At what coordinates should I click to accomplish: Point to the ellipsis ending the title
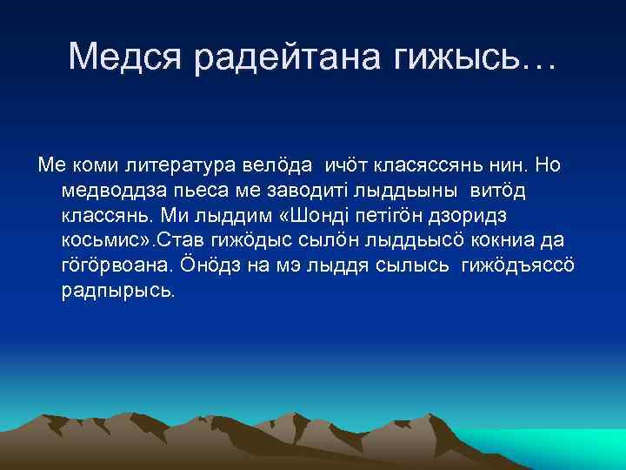(539, 59)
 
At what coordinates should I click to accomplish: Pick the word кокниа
(499, 239)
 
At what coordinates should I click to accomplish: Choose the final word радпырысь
(118, 290)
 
